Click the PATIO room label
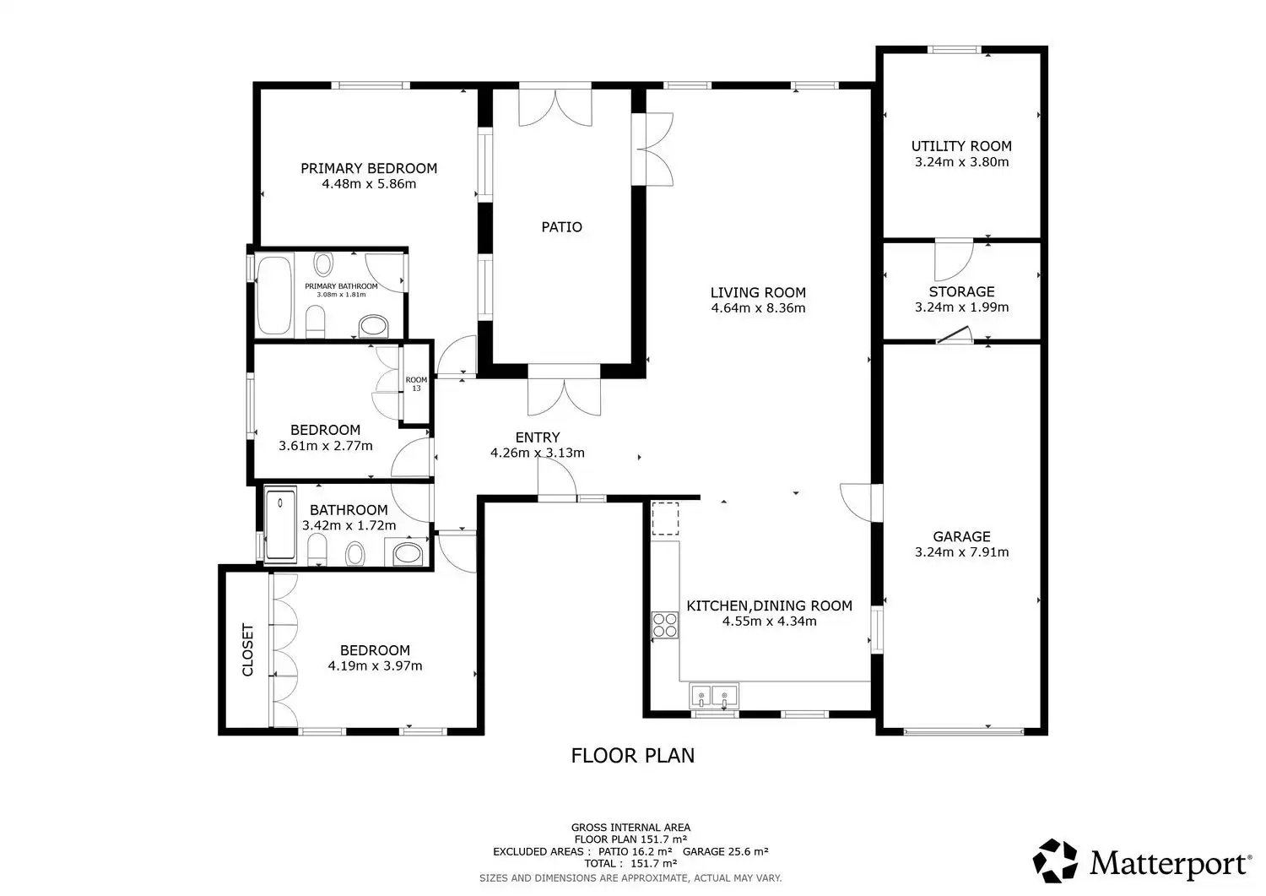561,227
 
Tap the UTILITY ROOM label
961,146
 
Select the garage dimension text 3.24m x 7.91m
961,551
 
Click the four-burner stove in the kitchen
665,626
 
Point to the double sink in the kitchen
714,695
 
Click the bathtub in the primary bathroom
274,296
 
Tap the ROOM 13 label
417,384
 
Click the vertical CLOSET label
247,650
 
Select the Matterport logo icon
1055,861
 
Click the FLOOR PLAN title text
632,756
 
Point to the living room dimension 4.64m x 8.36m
758,307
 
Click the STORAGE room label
961,291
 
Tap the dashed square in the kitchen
665,519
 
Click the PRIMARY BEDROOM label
369,168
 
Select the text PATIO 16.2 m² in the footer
636,851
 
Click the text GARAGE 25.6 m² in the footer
726,851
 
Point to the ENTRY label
538,437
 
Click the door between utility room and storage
954,261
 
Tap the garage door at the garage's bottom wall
964,732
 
